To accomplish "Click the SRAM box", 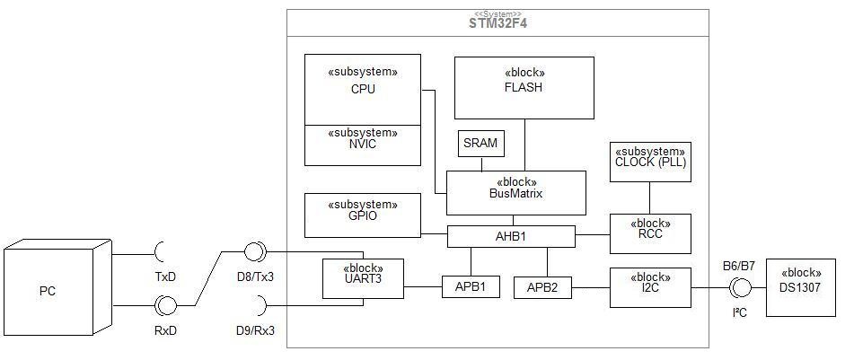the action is click(x=481, y=144).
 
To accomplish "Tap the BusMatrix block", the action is click(x=516, y=193).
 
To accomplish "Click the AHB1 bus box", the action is click(x=512, y=236).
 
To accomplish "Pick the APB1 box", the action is click(x=471, y=287).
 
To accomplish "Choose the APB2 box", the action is click(x=543, y=287).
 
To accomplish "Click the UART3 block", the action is click(x=363, y=278).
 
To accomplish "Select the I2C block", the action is click(x=650, y=287).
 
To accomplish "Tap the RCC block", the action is click(x=650, y=233).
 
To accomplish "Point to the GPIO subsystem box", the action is click(x=363, y=215).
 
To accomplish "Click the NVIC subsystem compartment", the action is click(x=363, y=145).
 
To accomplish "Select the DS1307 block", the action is click(x=801, y=287).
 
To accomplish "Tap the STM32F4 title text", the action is click(x=497, y=23).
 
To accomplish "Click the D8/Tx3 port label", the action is click(x=255, y=277).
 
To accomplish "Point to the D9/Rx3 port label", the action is click(x=255, y=329).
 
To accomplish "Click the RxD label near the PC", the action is click(x=165, y=329).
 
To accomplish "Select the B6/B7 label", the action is click(x=739, y=267).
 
